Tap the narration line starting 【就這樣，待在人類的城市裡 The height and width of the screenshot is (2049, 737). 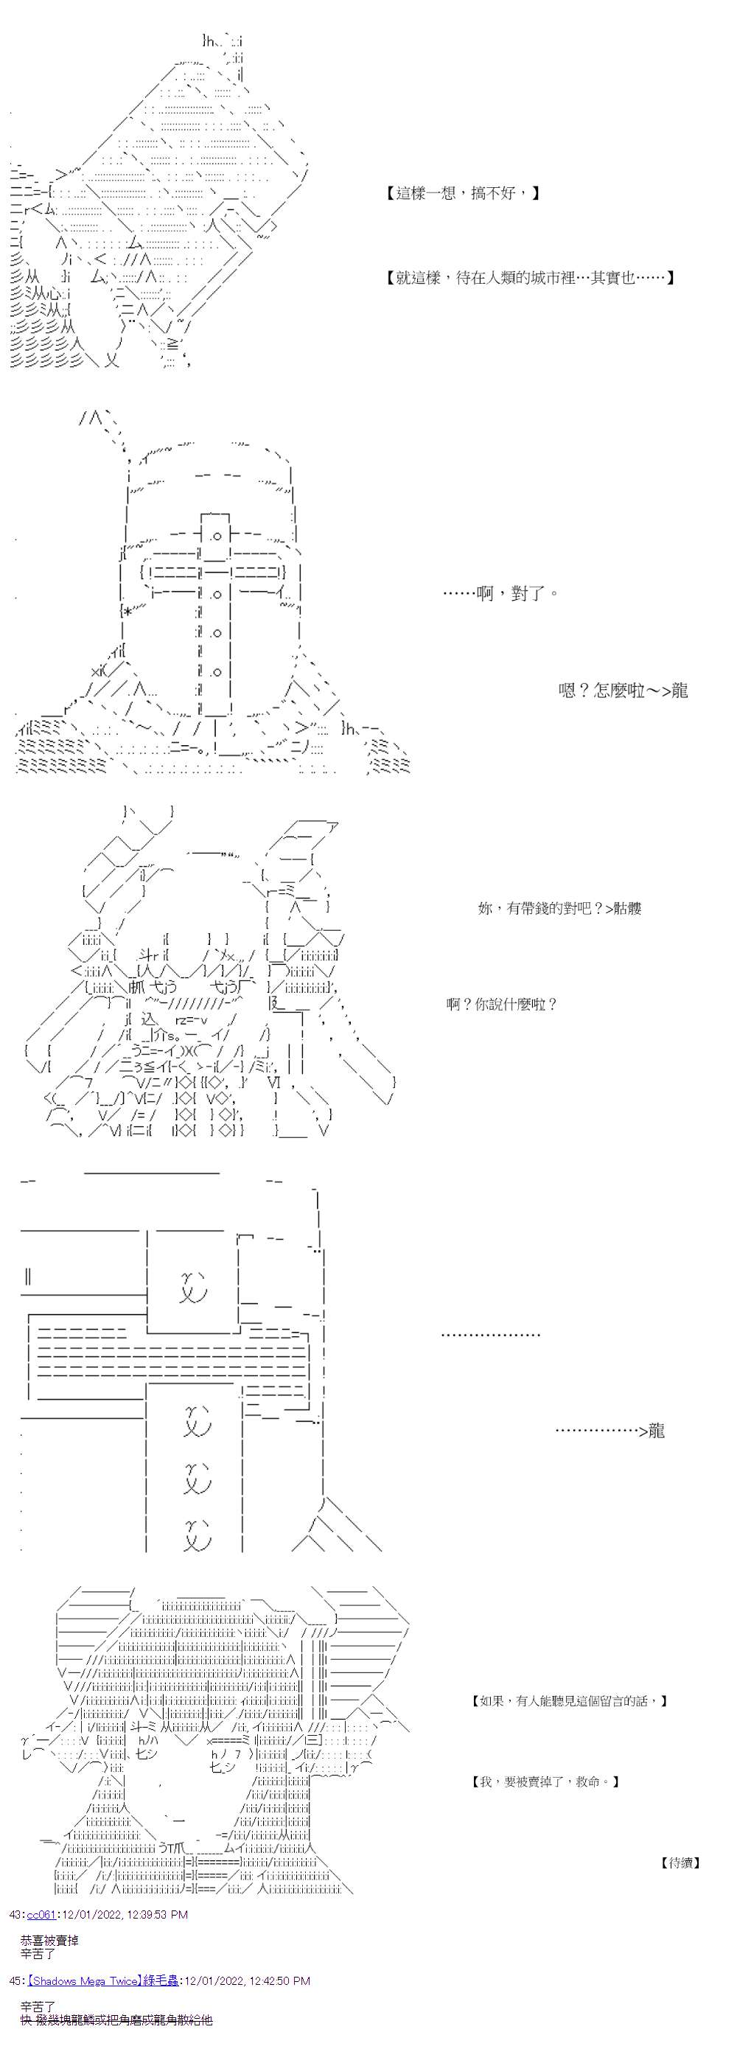527,278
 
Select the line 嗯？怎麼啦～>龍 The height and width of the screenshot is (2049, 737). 623,691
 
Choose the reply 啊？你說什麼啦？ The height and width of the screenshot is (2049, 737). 502,1005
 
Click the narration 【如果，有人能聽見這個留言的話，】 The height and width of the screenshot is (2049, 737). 568,1701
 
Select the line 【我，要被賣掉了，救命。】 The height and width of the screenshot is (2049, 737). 545,1781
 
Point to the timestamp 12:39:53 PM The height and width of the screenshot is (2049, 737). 153,1915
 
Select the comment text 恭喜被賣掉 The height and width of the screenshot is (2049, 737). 49,1941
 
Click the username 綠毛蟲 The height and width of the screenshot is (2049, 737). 161,1980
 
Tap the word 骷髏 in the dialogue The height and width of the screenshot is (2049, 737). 626,908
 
